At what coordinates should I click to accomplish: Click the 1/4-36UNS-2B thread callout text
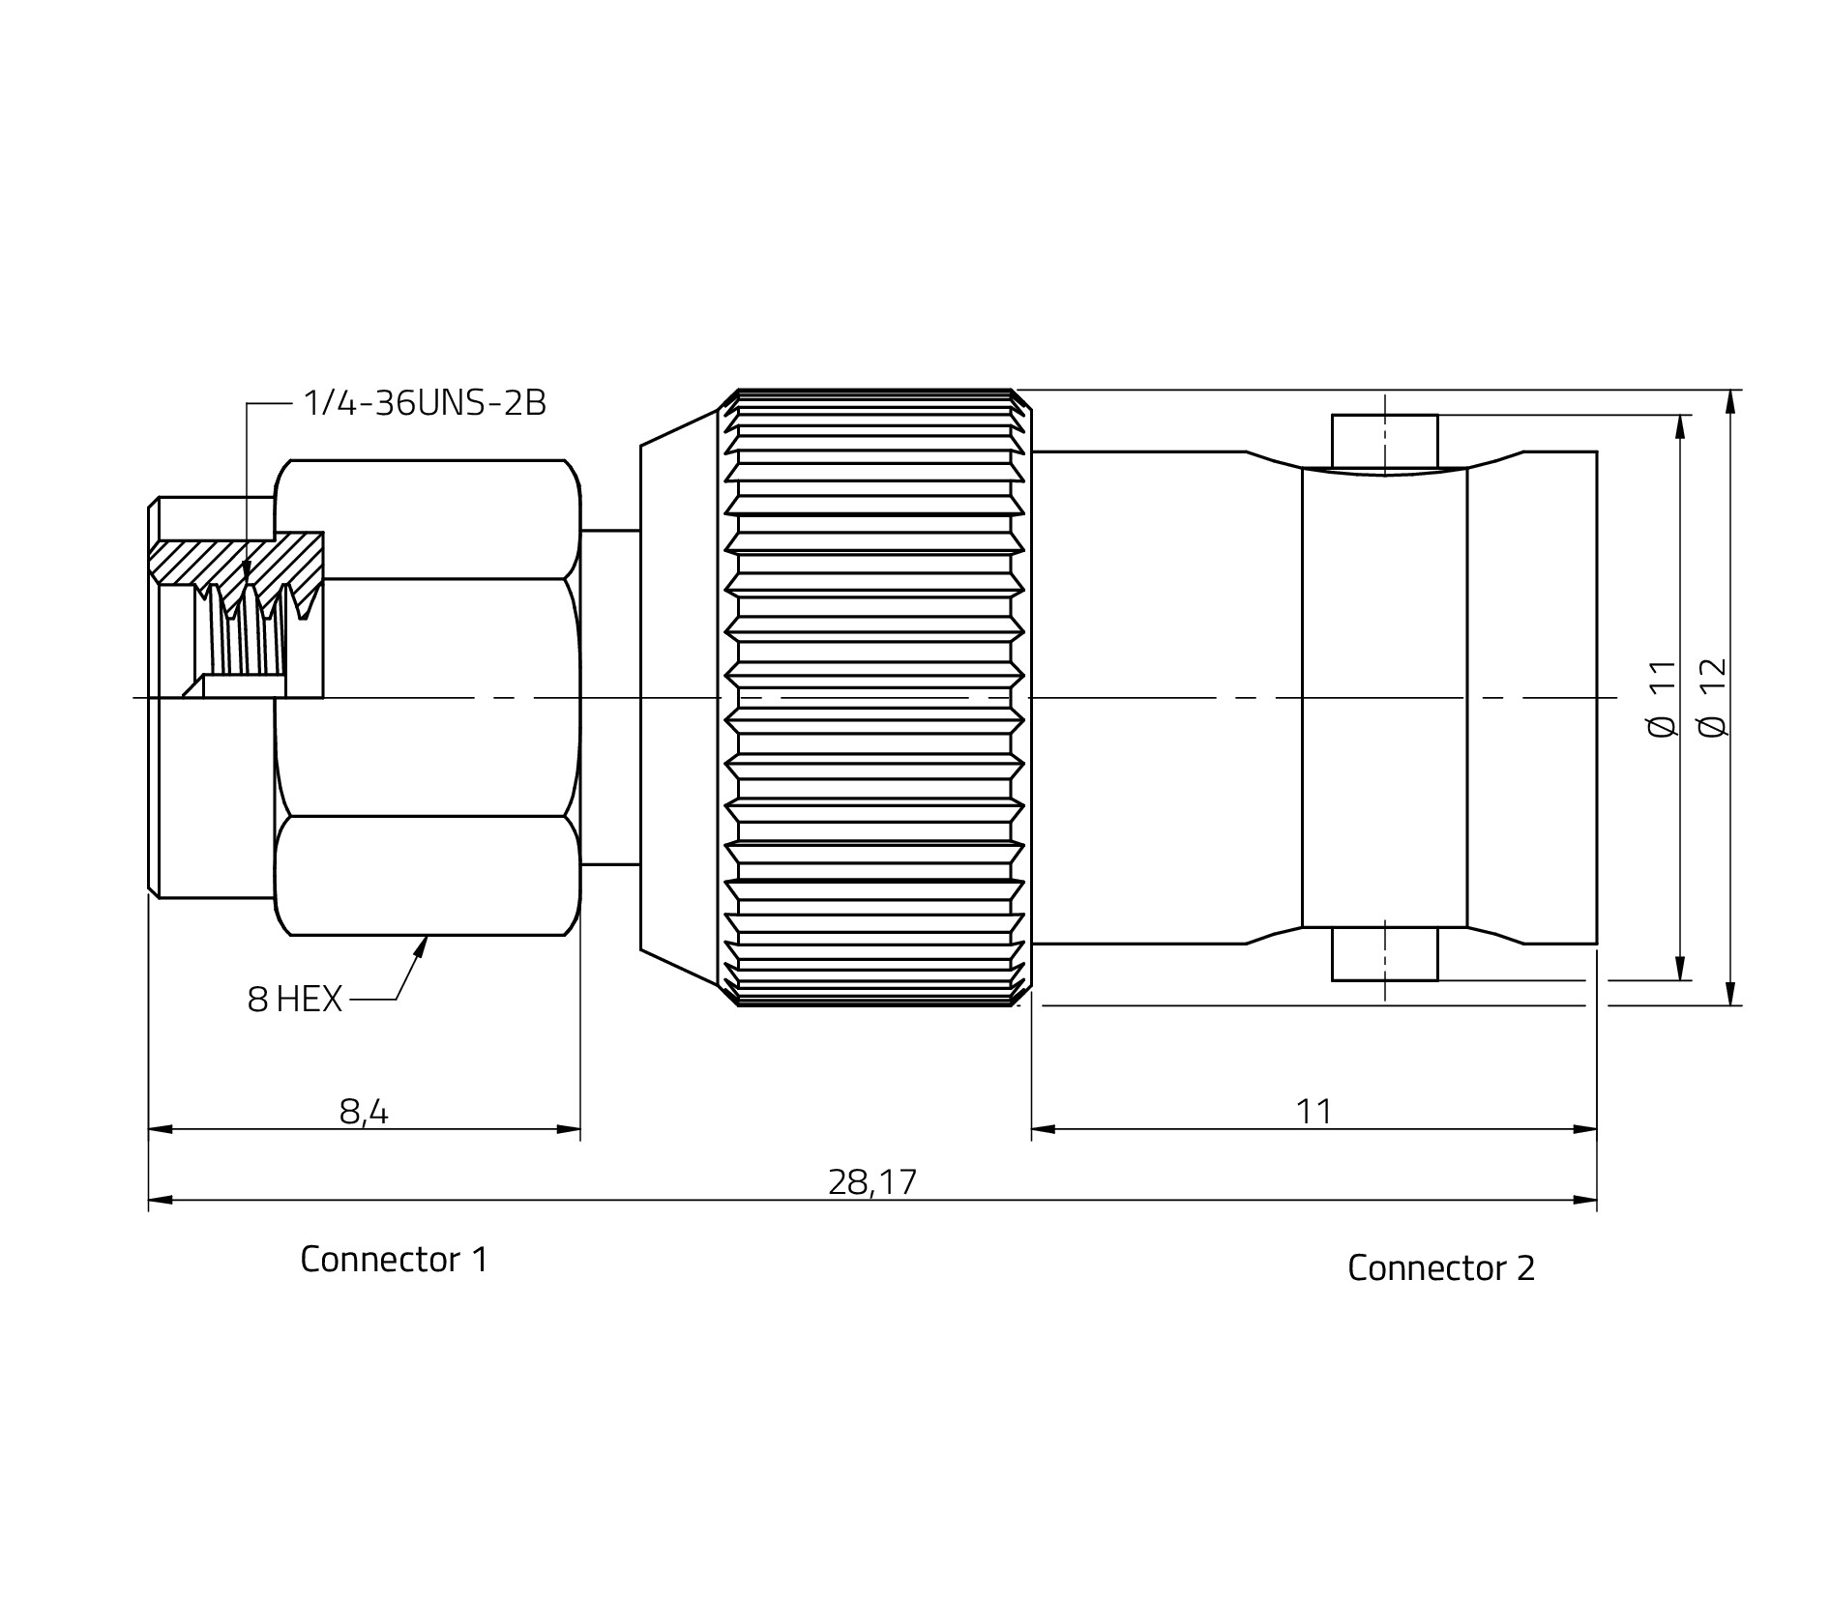point(425,402)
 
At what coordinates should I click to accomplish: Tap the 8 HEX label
point(295,1000)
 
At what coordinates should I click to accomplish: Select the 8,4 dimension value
point(364,1112)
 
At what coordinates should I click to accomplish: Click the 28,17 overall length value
point(872,1182)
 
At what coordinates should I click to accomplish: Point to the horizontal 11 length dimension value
point(1313,1112)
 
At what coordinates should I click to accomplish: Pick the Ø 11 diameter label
point(1662,698)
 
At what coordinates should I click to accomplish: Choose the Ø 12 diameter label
point(1712,698)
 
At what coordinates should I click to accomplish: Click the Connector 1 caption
point(395,1259)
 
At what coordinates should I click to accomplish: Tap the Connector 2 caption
point(1441,1267)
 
